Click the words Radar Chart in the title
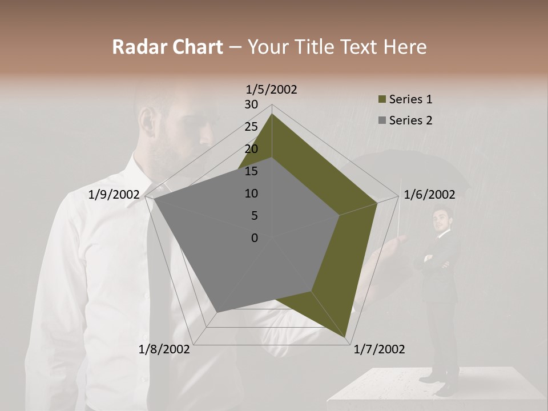tap(167, 47)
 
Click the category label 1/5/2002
tap(272, 89)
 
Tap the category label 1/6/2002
tap(429, 195)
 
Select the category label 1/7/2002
tap(379, 349)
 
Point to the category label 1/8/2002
tap(164, 349)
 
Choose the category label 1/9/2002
tap(114, 195)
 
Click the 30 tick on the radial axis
tap(251, 104)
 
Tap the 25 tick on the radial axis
tap(251, 127)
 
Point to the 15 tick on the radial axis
tap(251, 171)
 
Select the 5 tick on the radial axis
tap(253, 216)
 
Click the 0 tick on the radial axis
tap(254, 238)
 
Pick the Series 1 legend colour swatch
tap(382, 100)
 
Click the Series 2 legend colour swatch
tap(382, 120)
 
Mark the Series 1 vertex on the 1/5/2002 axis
tap(272, 114)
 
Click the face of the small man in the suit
tap(441, 219)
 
